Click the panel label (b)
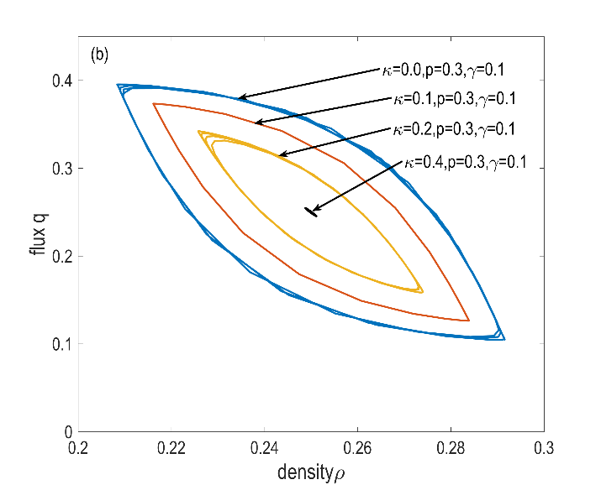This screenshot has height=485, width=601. point(99,55)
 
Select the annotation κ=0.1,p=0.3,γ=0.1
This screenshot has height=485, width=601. point(454,98)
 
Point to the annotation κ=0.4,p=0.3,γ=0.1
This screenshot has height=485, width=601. point(465,163)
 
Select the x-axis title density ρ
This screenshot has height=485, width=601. point(311,472)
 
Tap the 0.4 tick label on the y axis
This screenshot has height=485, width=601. point(61,81)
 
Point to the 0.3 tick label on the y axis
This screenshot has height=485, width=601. point(61,169)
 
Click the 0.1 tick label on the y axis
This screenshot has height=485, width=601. point(61,344)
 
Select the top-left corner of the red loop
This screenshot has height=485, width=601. point(153,103)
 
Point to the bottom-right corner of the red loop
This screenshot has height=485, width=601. point(469,321)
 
